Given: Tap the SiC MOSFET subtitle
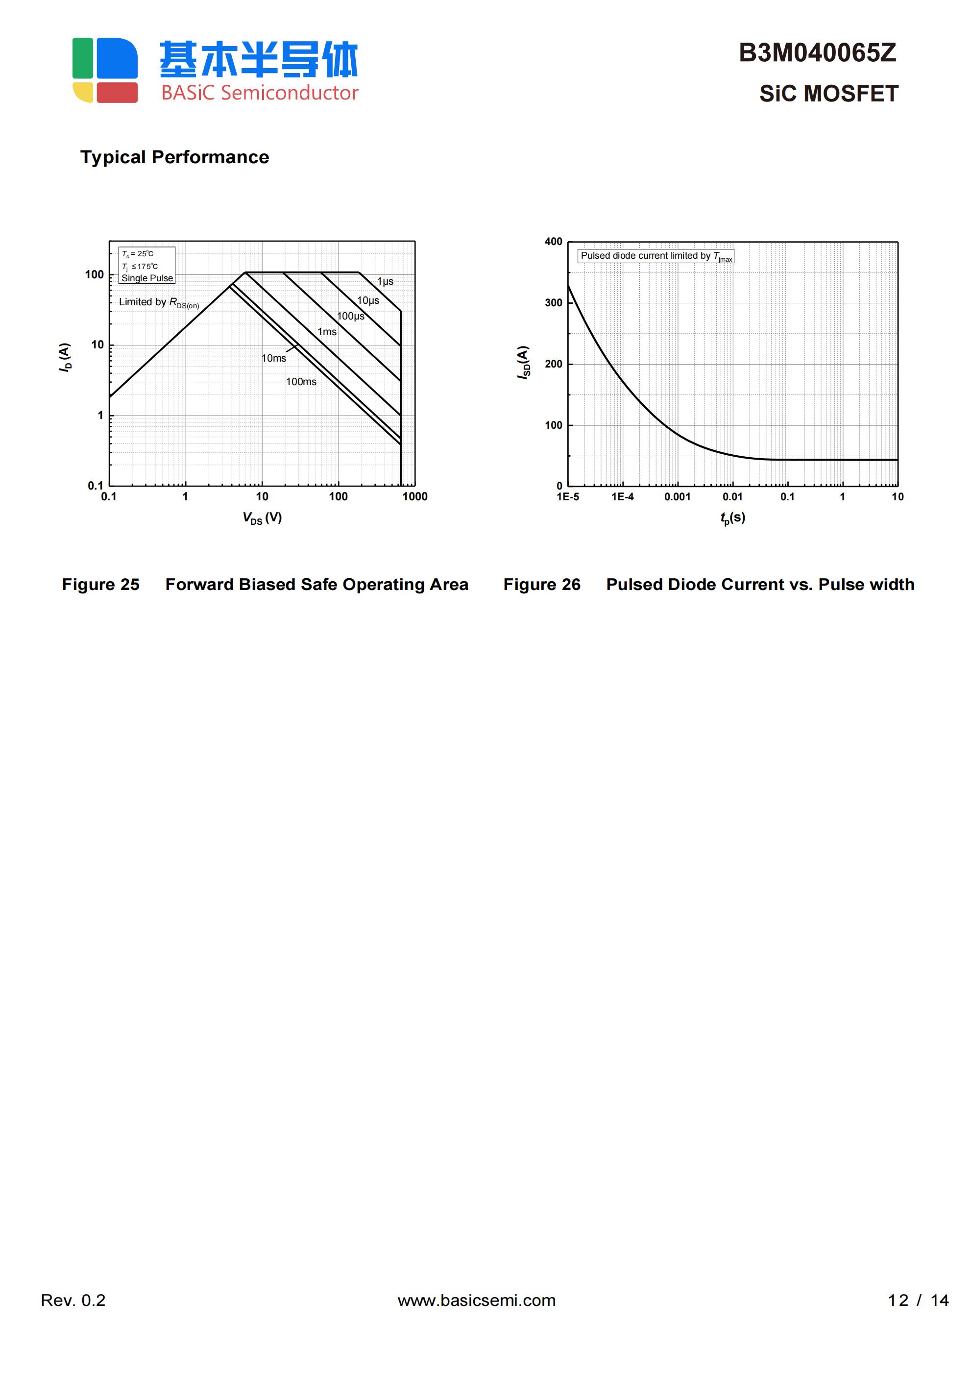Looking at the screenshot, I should (x=828, y=94).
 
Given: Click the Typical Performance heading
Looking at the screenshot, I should (x=174, y=157).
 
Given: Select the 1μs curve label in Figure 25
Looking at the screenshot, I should (x=385, y=281).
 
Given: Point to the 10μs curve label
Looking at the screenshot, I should (x=368, y=301).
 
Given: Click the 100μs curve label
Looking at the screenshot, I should (x=350, y=316).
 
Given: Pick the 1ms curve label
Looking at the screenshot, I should (x=326, y=332).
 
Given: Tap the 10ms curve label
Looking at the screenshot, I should (x=274, y=358).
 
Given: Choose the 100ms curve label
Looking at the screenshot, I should (x=301, y=381).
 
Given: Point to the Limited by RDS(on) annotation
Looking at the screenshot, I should (x=159, y=302).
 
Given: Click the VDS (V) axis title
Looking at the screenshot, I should (x=262, y=517).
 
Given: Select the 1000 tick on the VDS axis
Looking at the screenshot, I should (x=414, y=496).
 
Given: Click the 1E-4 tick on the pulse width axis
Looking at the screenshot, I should (x=622, y=496).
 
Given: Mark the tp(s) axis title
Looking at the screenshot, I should (x=732, y=517).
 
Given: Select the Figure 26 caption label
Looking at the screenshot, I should (x=541, y=585).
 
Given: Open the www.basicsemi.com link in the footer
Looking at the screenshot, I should (x=477, y=1300).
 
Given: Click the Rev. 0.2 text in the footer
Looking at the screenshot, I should (x=73, y=1300).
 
